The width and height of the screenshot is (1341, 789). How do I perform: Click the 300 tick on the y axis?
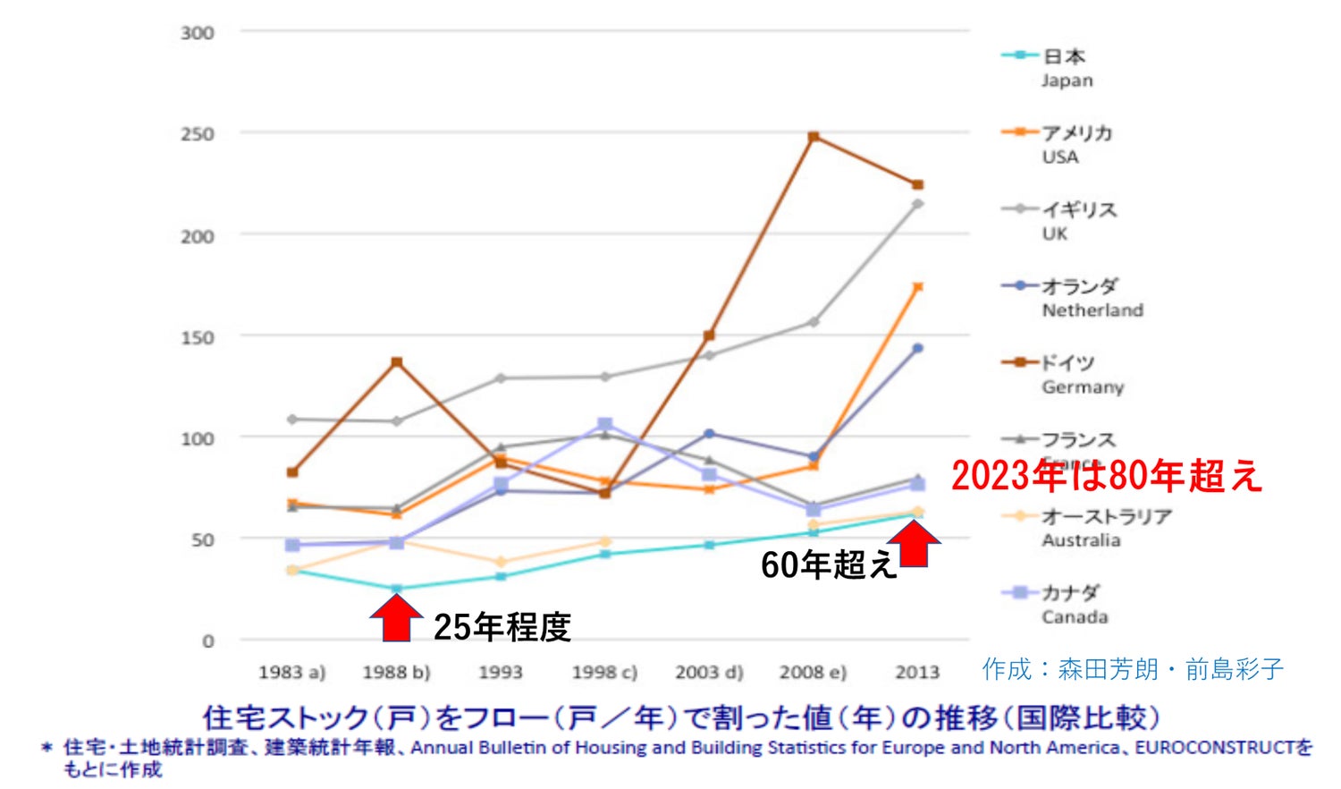tap(197, 33)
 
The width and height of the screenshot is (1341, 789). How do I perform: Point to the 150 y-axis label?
tap(197, 338)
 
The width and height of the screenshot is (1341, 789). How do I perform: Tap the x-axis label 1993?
tap(500, 672)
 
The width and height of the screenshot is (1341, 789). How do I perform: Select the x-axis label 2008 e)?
tap(813, 672)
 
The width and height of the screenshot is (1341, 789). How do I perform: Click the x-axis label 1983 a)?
tap(291, 672)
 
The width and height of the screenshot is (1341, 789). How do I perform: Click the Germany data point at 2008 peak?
tap(814, 137)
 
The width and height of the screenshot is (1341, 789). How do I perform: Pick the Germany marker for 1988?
tap(396, 362)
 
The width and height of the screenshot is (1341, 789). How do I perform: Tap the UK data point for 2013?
tap(917, 204)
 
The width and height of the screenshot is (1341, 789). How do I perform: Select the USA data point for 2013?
tap(917, 287)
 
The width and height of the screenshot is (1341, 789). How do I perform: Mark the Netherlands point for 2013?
tap(917, 348)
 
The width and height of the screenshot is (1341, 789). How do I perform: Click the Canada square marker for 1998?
tap(605, 424)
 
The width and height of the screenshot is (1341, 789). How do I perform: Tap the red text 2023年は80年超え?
tap(1106, 476)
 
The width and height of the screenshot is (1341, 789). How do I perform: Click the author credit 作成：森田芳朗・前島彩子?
tap(1132, 669)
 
